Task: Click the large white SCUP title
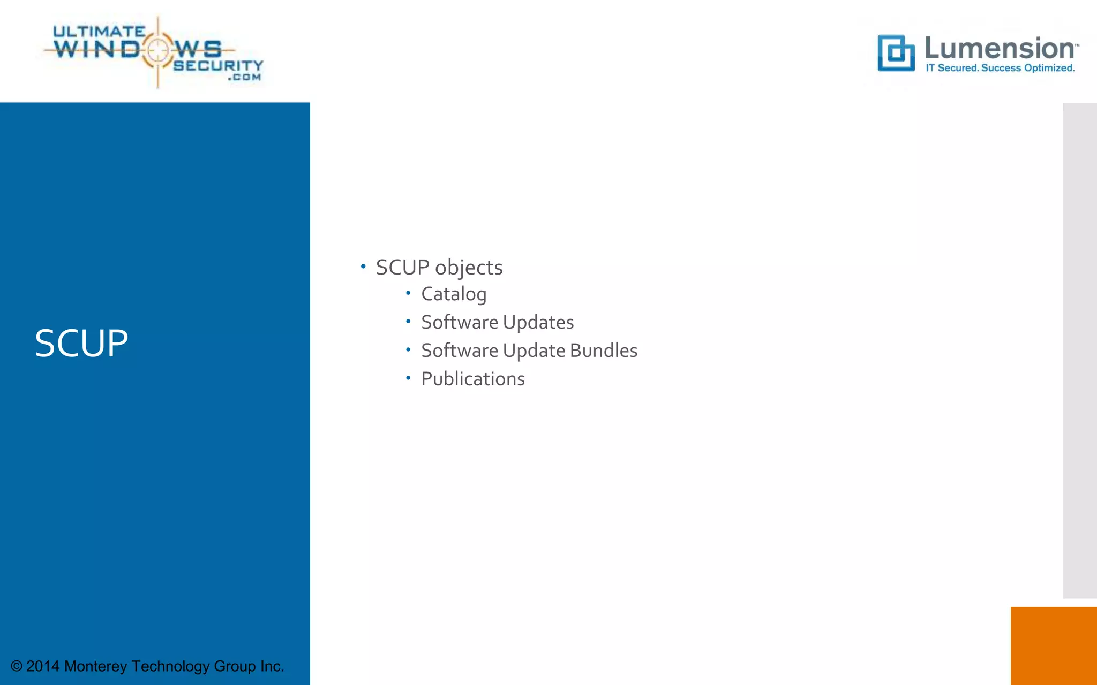[81, 344]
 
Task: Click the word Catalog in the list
[454, 294]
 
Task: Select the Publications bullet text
[472, 379]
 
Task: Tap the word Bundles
[604, 351]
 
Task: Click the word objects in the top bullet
[469, 268]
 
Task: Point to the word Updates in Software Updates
[538, 323]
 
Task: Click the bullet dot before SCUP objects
[363, 266]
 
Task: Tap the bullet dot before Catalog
[408, 293]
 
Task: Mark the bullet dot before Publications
[408, 378]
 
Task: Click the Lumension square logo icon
[896, 53]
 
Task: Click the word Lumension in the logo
[1000, 48]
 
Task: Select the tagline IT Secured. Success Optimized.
[1000, 68]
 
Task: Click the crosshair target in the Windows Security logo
[157, 50]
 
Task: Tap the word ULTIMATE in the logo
[99, 32]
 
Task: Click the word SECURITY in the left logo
[218, 65]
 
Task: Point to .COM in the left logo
[244, 78]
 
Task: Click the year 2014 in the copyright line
[43, 666]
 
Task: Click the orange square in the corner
[1053, 645]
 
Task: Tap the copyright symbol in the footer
[17, 666]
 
